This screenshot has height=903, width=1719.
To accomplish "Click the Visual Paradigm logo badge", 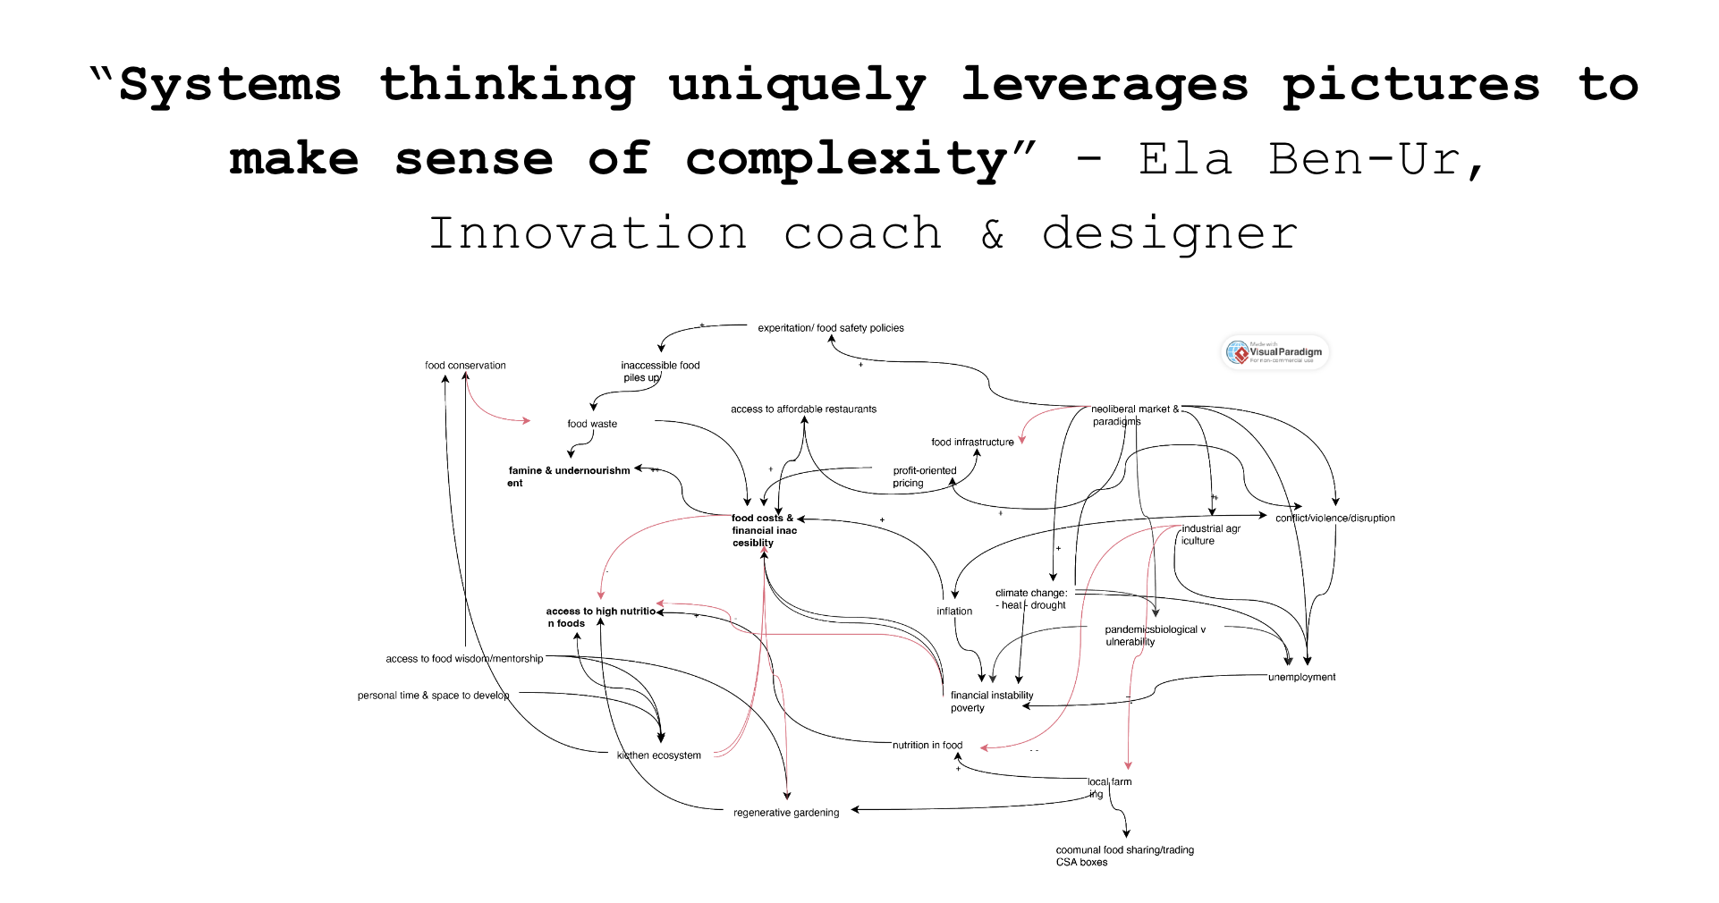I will (1275, 352).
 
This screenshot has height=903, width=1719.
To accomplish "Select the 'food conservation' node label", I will (465, 366).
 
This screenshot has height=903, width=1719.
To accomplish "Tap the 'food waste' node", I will (592, 424).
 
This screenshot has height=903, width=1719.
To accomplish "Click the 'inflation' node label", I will (954, 612).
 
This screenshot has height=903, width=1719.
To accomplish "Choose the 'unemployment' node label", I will (1301, 678).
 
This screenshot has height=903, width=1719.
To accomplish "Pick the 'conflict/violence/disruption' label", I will (1334, 519).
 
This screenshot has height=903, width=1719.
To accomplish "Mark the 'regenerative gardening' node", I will (786, 813).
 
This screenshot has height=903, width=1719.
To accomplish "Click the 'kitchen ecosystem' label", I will (659, 755).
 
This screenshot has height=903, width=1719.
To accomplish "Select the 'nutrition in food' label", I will (927, 746).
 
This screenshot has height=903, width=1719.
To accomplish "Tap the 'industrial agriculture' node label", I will (1210, 535).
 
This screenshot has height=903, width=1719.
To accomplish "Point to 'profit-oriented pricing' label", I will (924, 477).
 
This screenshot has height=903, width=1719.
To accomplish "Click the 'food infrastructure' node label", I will (972, 443).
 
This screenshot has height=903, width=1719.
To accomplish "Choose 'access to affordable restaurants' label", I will (803, 409).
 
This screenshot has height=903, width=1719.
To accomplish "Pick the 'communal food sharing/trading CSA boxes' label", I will (1124, 856).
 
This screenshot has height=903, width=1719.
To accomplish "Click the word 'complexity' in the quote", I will (846, 160).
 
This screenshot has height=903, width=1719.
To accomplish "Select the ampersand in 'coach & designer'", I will (993, 234).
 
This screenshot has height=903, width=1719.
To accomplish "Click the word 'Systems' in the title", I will (230, 85).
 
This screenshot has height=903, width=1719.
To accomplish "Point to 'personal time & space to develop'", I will (433, 696).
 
